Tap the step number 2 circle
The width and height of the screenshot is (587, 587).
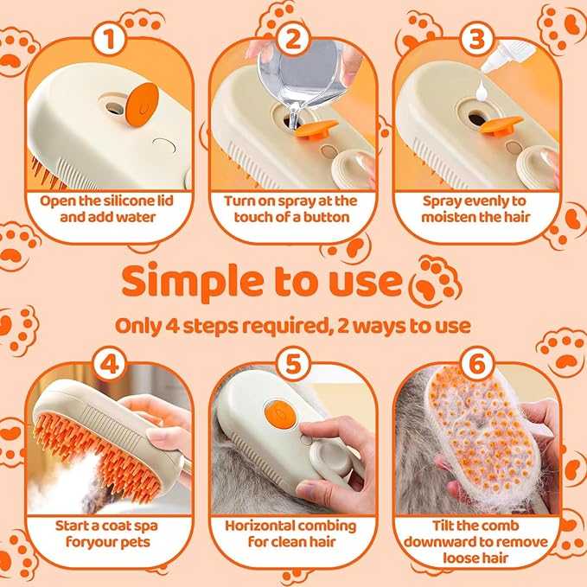coord(294,40)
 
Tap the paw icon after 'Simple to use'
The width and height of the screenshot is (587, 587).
coord(436,281)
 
